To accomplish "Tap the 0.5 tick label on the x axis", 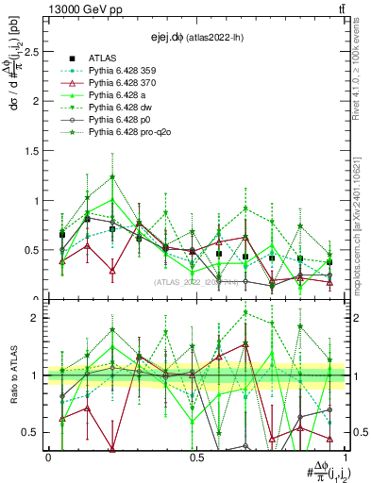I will coord(196,457).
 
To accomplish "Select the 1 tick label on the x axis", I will coord(345,457).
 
